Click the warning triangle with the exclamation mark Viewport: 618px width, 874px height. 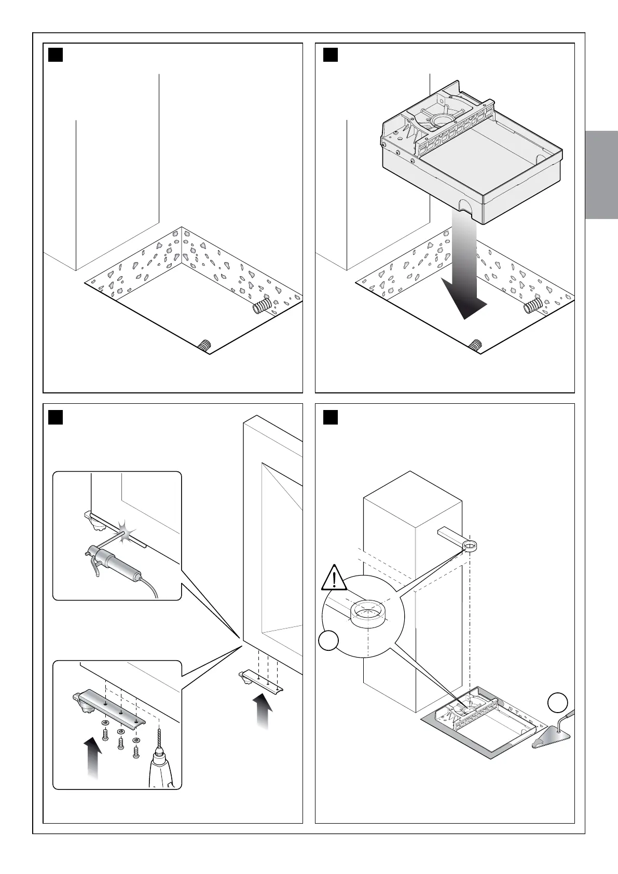(x=335, y=578)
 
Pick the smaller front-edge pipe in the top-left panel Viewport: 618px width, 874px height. (x=205, y=345)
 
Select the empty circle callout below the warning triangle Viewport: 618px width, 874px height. (x=329, y=641)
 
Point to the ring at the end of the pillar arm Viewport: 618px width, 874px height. (x=469, y=545)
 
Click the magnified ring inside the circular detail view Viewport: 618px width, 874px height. (x=368, y=613)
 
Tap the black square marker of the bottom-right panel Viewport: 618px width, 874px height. (x=331, y=417)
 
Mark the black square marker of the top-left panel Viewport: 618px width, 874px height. (x=56, y=54)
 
